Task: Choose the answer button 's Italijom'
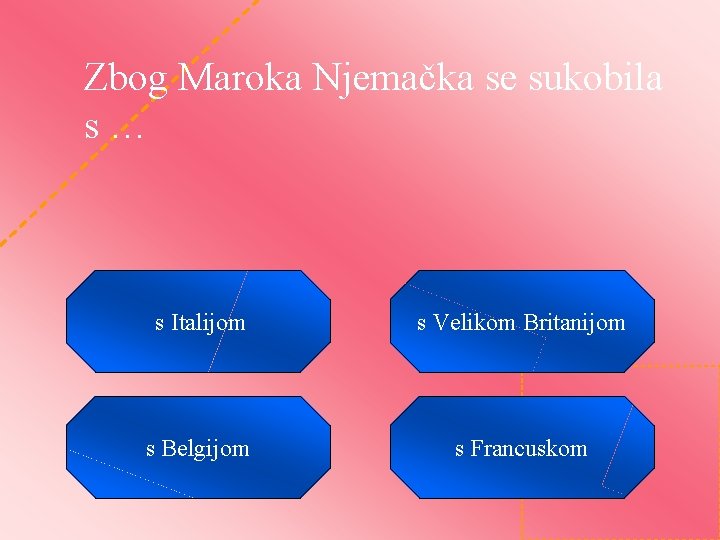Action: click(199, 322)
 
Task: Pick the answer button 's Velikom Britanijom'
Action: click(521, 322)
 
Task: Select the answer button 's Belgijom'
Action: click(198, 448)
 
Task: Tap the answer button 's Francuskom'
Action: click(521, 448)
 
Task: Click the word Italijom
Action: click(208, 323)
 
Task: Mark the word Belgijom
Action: click(205, 449)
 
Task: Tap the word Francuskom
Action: click(528, 449)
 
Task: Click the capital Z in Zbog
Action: click(94, 77)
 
